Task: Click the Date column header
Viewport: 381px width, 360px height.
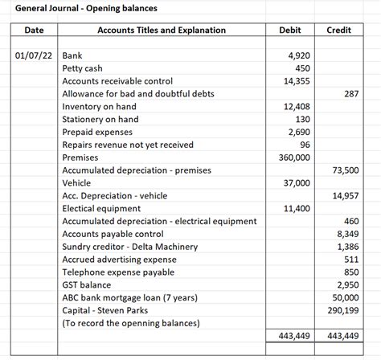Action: point(34,31)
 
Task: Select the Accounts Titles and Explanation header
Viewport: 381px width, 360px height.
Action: point(161,31)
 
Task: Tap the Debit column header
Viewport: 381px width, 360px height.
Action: point(289,31)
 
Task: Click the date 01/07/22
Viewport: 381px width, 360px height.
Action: point(34,56)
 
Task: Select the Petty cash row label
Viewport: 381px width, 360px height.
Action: point(83,68)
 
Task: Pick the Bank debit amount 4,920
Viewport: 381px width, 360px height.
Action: point(298,56)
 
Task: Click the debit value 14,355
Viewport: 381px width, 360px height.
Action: point(297,81)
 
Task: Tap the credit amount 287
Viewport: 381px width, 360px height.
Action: point(350,94)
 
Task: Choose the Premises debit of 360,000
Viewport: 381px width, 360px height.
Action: point(293,157)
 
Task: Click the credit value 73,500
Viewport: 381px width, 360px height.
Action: point(345,170)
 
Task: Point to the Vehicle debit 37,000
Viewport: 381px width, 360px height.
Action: point(296,183)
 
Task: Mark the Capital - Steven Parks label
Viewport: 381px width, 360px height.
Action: point(111,310)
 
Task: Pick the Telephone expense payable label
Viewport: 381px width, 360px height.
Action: point(118,272)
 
